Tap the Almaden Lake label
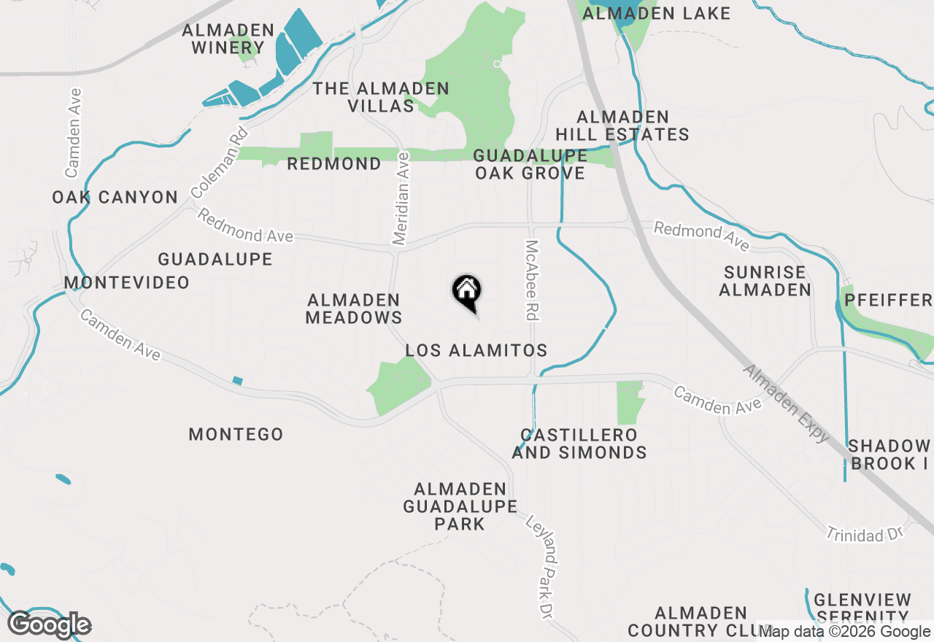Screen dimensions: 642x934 pos(657,13)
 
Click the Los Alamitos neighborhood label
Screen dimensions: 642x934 pos(476,351)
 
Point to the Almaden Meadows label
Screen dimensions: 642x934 pos(354,309)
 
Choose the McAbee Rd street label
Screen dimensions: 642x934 pos(531,281)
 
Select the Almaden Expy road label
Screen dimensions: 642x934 pos(786,403)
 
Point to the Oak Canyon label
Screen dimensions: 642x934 pos(115,197)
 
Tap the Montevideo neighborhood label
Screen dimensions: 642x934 pos(126,282)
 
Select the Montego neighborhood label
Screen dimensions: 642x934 pos(236,434)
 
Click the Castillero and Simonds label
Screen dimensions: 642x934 pos(579,444)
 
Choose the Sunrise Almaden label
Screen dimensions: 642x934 pos(765,281)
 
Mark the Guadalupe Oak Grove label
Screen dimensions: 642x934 pos(530,164)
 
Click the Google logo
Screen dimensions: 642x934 pos(50,624)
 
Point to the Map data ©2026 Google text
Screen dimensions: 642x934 pos(844,632)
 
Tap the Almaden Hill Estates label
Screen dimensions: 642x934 pos(622,125)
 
